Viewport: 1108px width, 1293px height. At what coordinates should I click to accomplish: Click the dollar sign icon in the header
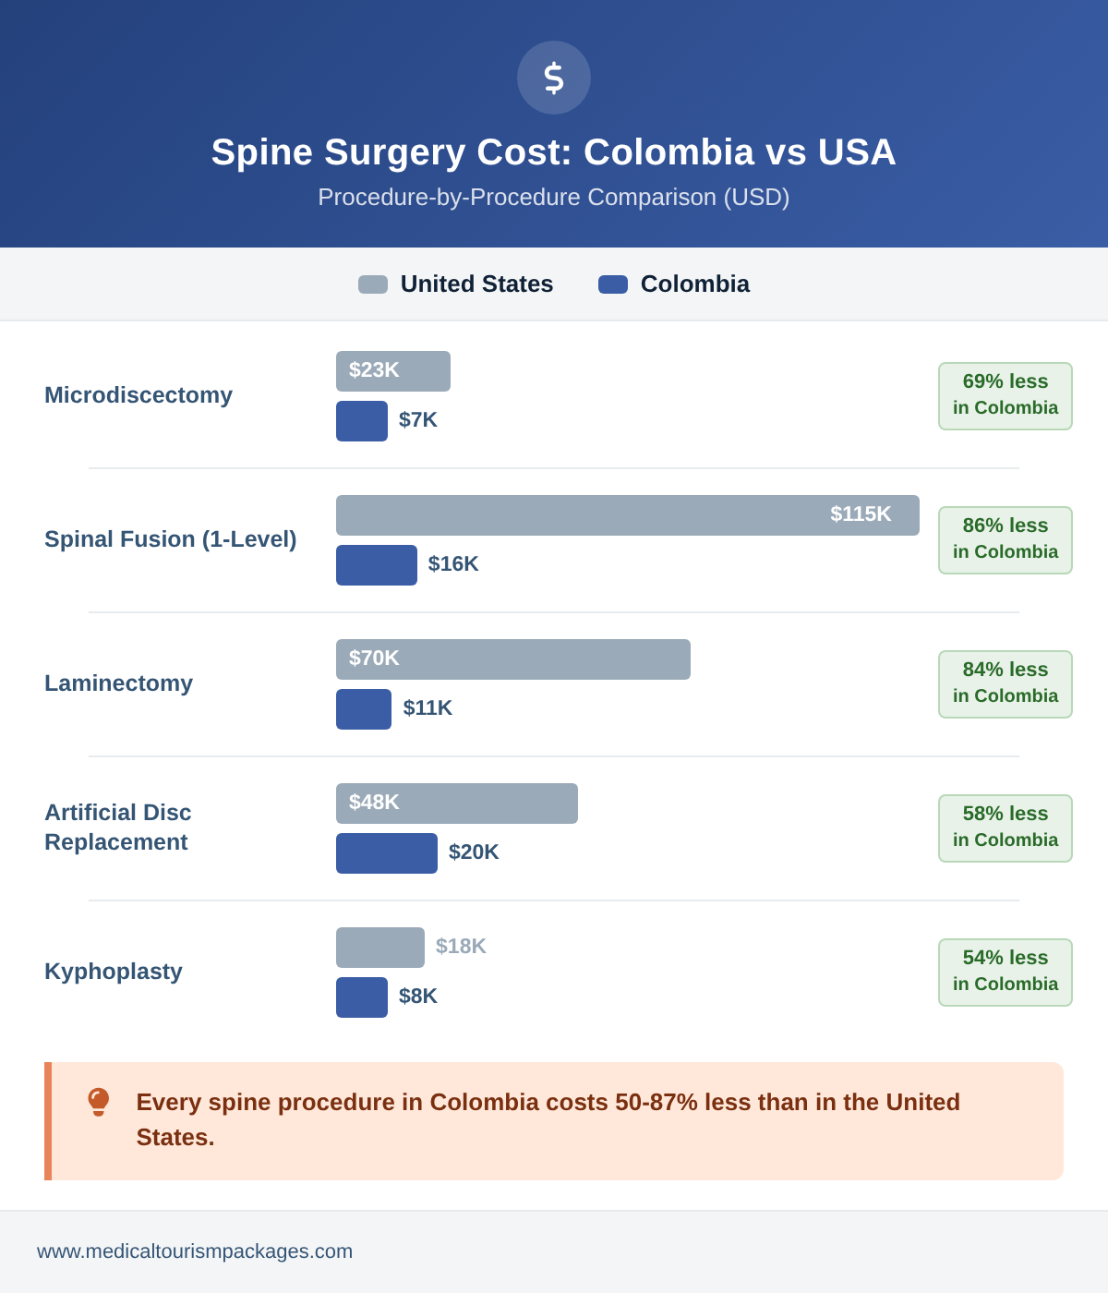point(554,78)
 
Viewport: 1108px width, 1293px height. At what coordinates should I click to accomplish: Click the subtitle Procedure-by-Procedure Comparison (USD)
point(554,197)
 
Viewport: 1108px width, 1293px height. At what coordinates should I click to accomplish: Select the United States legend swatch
point(373,284)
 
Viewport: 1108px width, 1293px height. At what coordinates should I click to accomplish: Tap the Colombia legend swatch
point(613,284)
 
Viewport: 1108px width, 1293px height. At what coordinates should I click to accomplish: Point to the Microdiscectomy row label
point(138,395)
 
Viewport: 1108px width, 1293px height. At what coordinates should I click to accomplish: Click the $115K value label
point(861,514)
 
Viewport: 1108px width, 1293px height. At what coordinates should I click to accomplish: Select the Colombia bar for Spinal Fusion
point(377,565)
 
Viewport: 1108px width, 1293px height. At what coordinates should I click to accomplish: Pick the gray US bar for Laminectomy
point(513,659)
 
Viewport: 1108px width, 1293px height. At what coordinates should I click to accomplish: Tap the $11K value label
point(428,708)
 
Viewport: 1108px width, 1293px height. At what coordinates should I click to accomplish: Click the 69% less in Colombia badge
point(1006,396)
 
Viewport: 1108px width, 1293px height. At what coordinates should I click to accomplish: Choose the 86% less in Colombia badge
point(1006,540)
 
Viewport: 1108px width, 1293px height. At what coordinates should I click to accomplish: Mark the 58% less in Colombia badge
point(1006,828)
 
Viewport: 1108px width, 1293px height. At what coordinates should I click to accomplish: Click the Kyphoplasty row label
point(114,972)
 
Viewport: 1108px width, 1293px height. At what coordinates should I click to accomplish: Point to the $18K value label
point(461,947)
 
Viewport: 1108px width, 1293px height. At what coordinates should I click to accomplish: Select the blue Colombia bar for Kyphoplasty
point(362,997)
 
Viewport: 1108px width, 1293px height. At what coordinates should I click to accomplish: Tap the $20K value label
point(474,852)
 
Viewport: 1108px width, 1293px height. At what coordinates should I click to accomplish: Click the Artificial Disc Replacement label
point(118,828)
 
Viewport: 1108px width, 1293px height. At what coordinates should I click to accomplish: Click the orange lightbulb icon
point(98,1102)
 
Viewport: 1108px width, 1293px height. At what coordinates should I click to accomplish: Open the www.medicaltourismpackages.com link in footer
point(195,1251)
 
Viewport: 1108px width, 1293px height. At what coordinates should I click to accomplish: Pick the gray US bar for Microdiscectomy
point(393,371)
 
